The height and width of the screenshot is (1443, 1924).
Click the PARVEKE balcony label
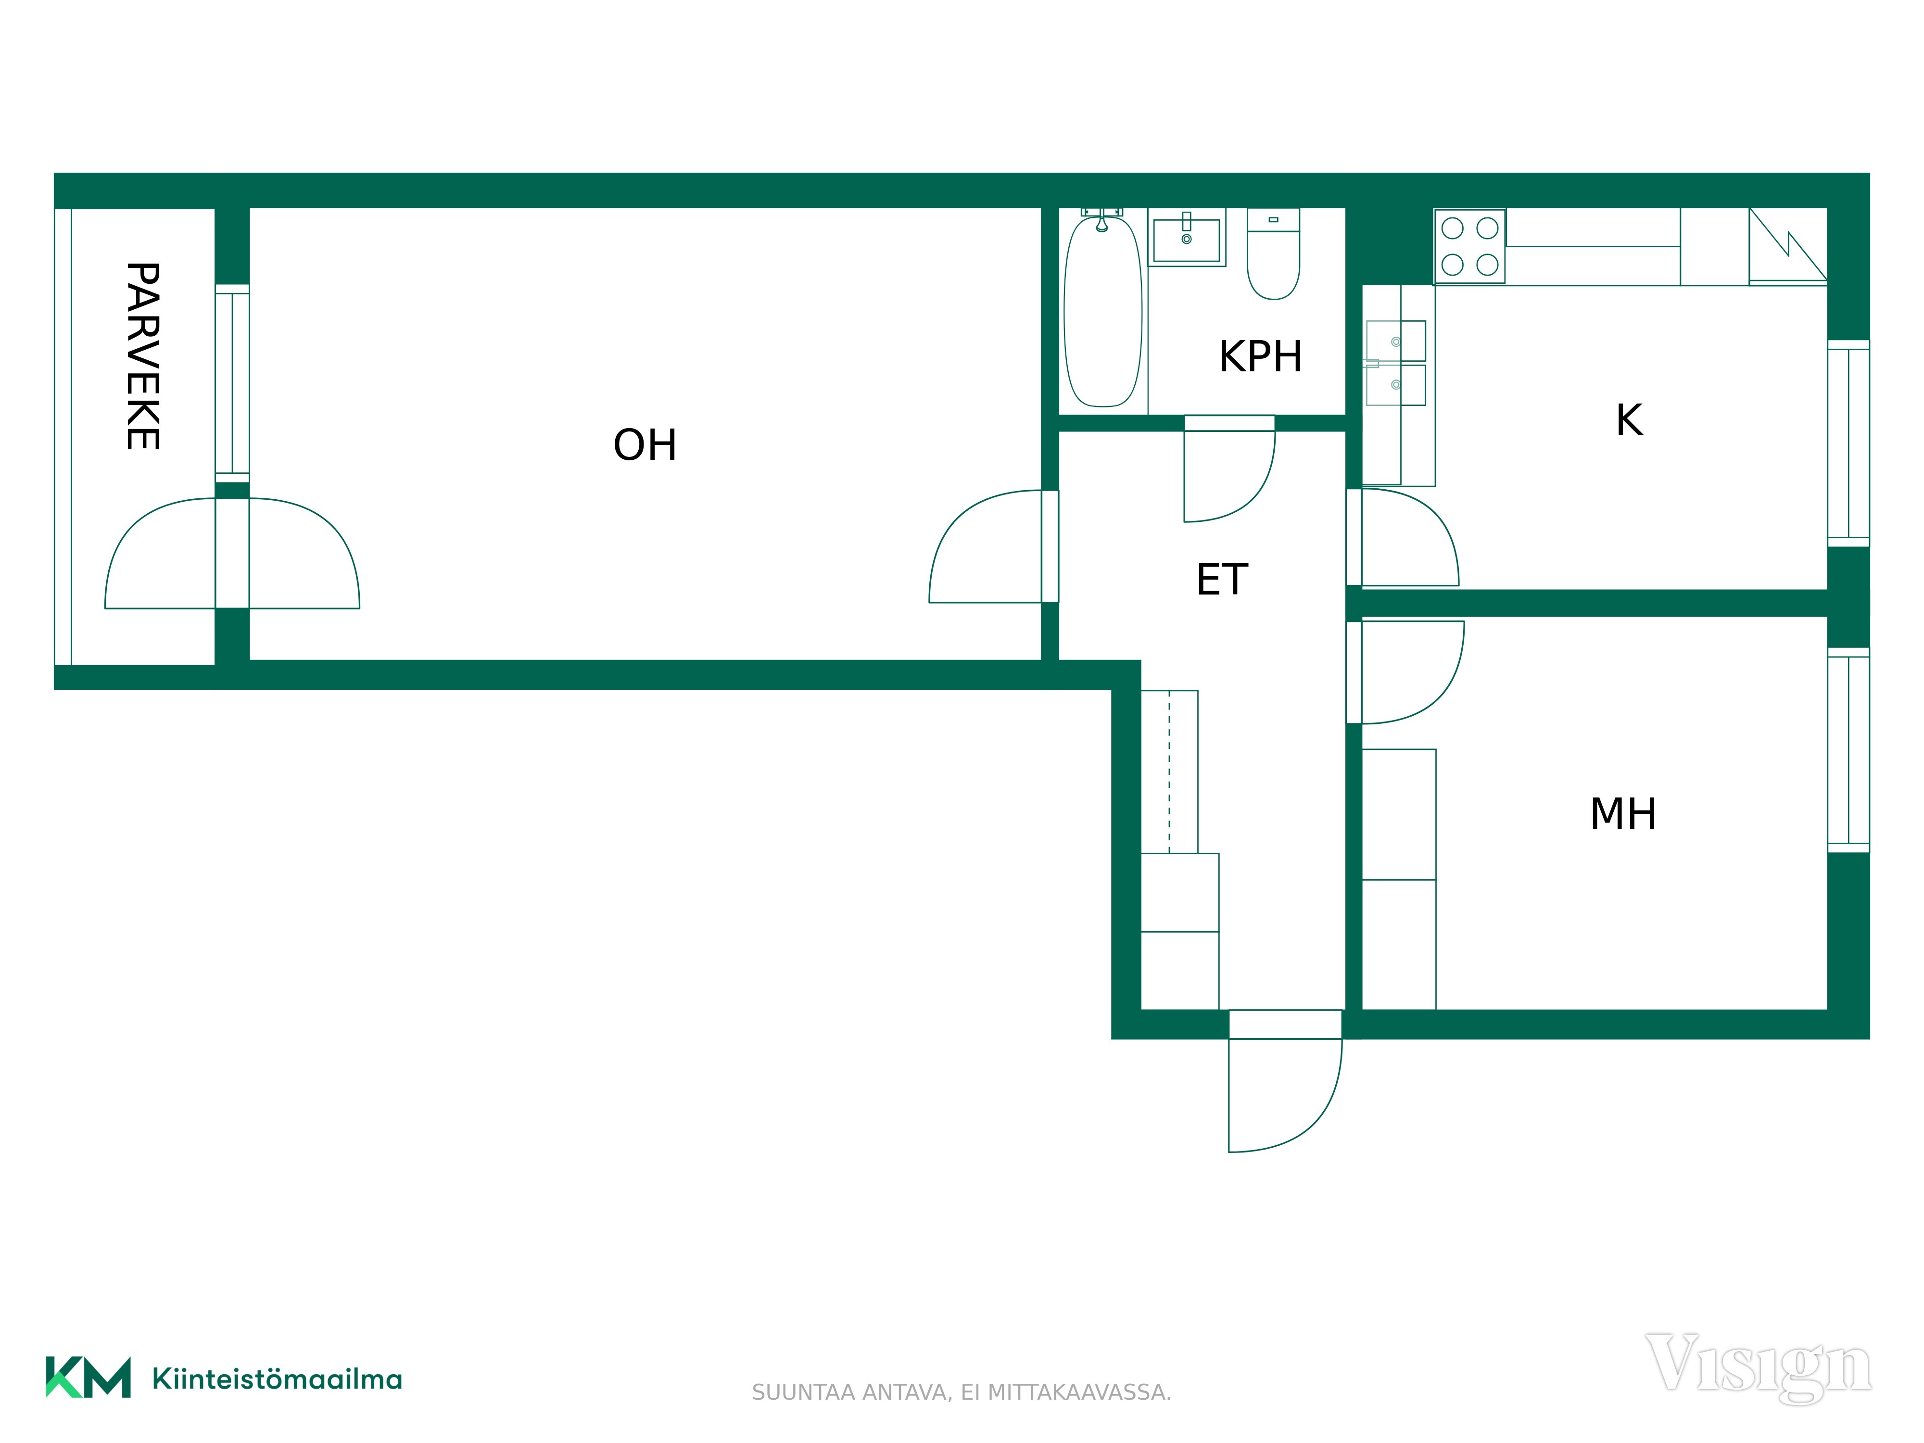[143, 356]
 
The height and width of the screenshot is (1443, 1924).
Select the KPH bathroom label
[1260, 356]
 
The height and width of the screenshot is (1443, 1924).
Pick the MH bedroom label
[1623, 814]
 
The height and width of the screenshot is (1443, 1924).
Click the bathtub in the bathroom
[1103, 311]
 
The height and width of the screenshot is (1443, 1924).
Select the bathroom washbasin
[1187, 238]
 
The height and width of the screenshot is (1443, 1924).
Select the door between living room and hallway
[993, 546]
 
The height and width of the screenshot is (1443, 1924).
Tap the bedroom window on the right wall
[1848, 750]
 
